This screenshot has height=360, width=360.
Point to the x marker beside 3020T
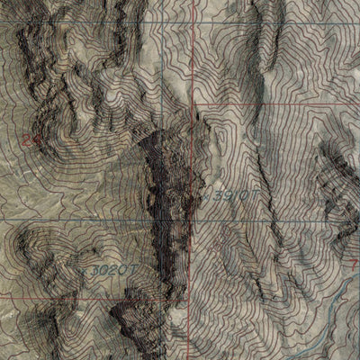pos(86,267)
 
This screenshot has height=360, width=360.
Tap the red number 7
pos(352,262)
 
